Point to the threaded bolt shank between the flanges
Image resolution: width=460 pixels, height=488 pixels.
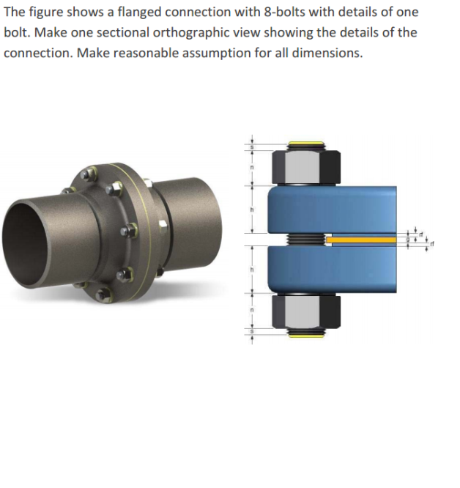coord(303,240)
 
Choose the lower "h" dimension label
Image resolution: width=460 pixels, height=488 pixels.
coord(251,270)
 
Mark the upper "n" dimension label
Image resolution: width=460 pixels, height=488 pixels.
coord(251,169)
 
